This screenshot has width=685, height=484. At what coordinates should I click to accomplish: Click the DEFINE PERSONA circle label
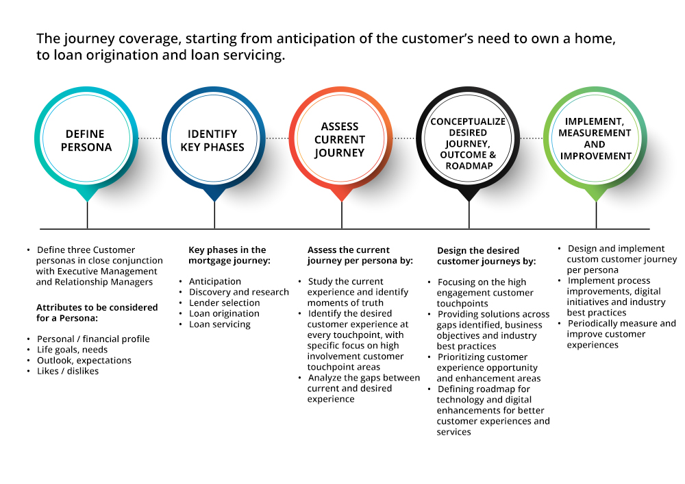coord(86,141)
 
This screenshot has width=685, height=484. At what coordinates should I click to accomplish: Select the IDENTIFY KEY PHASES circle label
coord(212,141)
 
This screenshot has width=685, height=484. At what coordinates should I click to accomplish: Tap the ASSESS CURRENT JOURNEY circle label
coord(340,139)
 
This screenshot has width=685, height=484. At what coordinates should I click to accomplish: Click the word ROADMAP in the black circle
coord(469,166)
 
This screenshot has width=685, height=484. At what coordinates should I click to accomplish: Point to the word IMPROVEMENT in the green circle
coord(596,156)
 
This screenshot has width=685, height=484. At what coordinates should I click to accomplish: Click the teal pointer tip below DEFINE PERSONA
coord(88,202)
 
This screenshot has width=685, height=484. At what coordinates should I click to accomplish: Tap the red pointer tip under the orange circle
coord(342,202)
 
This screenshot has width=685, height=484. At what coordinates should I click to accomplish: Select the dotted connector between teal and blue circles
coord(149,138)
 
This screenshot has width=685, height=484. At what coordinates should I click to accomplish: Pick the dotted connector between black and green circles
coord(532,138)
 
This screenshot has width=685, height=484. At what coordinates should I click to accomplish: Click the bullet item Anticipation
coord(215,281)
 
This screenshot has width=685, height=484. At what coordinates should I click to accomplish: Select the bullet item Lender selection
coord(224,302)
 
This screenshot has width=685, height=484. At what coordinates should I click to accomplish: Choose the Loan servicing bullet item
coord(220,324)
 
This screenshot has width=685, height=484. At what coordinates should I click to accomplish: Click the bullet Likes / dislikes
coord(68,371)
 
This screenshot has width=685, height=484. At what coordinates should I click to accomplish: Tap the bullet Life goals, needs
coord(72,350)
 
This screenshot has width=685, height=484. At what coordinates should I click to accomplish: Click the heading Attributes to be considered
coord(97,307)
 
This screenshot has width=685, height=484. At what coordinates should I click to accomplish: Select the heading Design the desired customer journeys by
coord(486,256)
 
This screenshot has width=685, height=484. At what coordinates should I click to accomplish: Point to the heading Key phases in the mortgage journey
coord(229,255)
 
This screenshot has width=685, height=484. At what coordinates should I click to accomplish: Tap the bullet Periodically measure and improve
coord(621,334)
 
